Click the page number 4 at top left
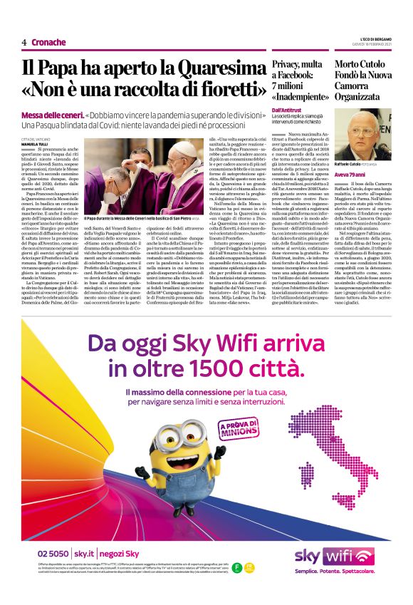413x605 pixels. [24, 42]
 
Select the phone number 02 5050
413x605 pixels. [54, 554]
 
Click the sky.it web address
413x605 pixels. [84, 554]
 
